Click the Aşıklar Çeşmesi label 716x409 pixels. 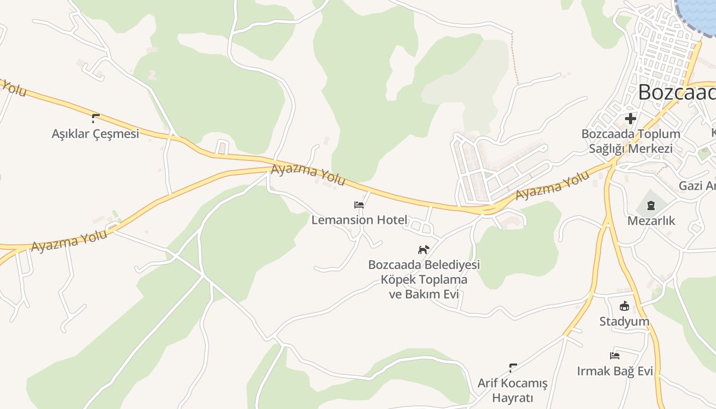95,134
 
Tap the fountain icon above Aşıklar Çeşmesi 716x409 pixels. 95,119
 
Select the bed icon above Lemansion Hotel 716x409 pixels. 359,205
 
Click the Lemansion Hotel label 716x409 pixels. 360,220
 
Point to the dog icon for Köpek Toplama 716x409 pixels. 424,249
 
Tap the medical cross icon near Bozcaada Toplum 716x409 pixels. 631,119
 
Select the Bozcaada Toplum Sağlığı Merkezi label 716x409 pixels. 631,141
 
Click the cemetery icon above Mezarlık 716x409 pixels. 651,206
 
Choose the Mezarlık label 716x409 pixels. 651,221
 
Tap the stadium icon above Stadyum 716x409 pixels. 624,306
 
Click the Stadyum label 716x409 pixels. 624,322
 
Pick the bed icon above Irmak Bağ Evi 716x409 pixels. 615,356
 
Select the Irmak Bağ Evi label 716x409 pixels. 615,371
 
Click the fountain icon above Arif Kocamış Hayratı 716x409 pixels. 513,368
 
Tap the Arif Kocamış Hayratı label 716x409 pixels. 512,391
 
